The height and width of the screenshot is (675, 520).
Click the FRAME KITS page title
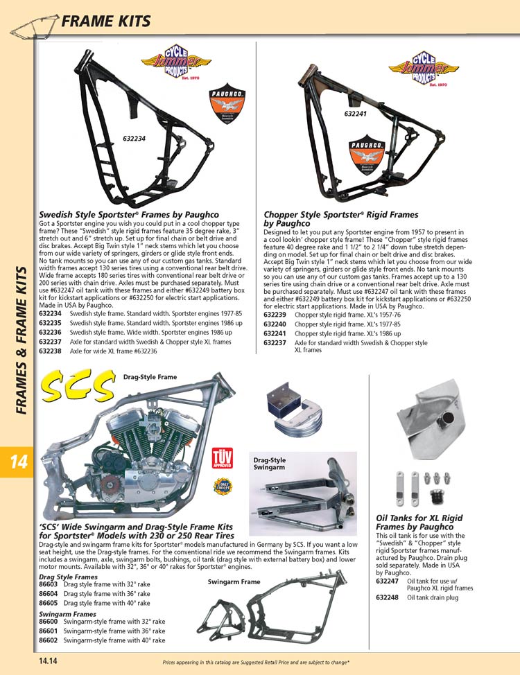click(x=105, y=21)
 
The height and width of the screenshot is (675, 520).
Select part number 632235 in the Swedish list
click(x=50, y=323)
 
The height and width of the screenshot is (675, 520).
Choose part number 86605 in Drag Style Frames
click(x=48, y=603)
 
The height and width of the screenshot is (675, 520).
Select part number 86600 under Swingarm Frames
click(x=48, y=622)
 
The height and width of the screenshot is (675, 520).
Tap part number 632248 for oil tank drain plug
click(x=387, y=597)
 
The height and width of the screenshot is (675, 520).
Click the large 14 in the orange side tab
click(x=17, y=462)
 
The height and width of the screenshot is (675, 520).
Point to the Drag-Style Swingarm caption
click(x=270, y=464)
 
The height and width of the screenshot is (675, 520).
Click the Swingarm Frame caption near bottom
click(x=234, y=582)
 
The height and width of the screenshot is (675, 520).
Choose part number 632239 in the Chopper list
click(x=275, y=314)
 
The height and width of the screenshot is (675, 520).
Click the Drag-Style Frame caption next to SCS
click(x=150, y=377)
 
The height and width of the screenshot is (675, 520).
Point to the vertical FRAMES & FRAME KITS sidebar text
click(x=21, y=340)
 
